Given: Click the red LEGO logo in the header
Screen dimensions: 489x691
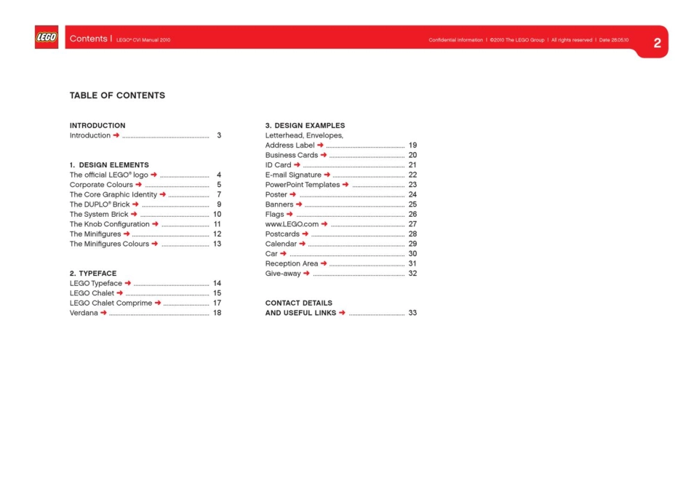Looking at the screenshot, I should [x=47, y=38].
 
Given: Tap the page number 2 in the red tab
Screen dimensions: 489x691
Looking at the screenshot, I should [x=657, y=43].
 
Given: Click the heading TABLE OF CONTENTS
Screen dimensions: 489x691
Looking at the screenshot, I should [x=117, y=95].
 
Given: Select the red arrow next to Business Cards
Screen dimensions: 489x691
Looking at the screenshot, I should [x=324, y=155].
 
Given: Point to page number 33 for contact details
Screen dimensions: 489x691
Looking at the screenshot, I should [x=412, y=313].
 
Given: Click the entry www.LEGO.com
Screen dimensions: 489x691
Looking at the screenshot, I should [x=292, y=224].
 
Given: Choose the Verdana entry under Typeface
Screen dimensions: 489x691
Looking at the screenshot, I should [x=84, y=313].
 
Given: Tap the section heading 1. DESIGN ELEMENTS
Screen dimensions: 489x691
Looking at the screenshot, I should [x=109, y=165].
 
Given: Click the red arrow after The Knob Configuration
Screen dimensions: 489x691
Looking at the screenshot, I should [x=156, y=224].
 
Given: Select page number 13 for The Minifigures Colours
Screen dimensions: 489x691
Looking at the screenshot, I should [x=217, y=244].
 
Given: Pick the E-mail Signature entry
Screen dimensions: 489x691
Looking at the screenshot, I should [x=293, y=175].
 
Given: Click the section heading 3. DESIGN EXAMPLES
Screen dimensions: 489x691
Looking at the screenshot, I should [x=305, y=126].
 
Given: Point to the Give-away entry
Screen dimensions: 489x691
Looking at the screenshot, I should [x=283, y=274].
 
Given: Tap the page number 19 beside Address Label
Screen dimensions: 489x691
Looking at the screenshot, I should [x=412, y=146].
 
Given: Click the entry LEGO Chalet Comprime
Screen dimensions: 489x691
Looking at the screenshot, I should [x=111, y=303].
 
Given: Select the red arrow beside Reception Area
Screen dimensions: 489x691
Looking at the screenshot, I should [x=324, y=263].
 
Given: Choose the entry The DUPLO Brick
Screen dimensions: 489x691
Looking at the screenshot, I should [x=99, y=204].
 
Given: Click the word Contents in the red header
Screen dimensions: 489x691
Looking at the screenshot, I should [x=89, y=39].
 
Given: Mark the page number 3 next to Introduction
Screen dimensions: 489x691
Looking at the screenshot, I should [x=219, y=135].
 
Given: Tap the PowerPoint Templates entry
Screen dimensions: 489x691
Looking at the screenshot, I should [x=302, y=185].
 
